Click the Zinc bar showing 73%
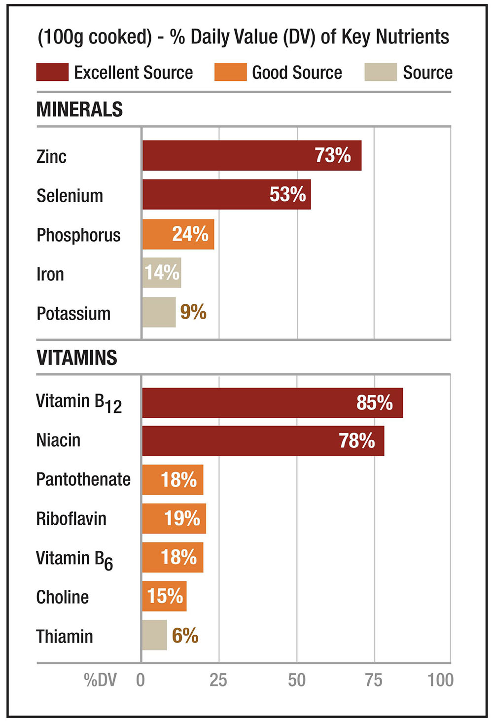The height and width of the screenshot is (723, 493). pos(251,155)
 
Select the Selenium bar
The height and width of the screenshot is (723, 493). pos(226,194)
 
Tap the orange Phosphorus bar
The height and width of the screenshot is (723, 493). pos(178,234)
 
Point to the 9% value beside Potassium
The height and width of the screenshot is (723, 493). pos(193,312)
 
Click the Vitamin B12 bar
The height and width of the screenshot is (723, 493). pos(272,403)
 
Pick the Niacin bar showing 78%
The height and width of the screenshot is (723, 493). pos(263,441)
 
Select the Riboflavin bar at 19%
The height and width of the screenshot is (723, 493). pos(174,518)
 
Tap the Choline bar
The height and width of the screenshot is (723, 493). pos(164,596)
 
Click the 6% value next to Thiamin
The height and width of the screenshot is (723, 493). pos(185,636)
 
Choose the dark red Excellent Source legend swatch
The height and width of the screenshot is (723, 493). pos(52,72)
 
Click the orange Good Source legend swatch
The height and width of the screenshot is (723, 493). pos(230,72)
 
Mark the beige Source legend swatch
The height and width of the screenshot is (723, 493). pos(380,72)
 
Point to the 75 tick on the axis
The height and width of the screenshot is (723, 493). pos(374,680)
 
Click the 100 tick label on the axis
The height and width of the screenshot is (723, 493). pos(440,680)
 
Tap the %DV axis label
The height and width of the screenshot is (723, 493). pos(100,680)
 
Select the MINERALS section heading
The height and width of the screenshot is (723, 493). pos(79,109)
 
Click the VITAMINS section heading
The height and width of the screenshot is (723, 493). pos(77,358)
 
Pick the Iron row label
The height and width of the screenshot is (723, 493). pos(50,274)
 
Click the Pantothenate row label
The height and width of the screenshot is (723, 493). pos(83,479)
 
